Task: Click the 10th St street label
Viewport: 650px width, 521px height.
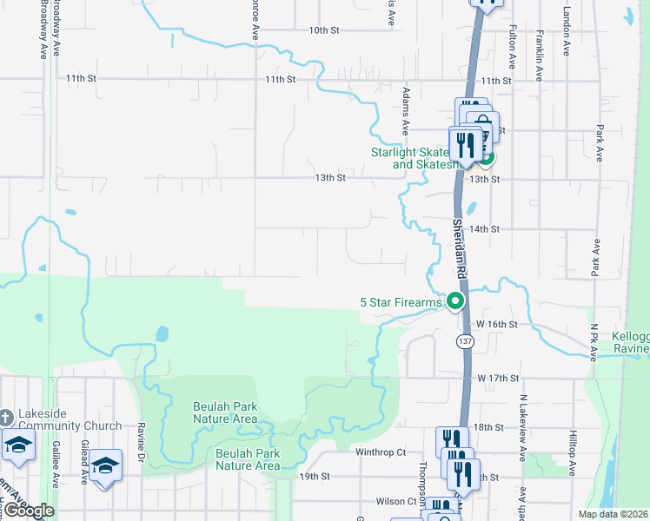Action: click(322, 30)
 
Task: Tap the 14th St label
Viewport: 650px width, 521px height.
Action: click(484, 229)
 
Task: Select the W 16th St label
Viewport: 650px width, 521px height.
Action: click(497, 323)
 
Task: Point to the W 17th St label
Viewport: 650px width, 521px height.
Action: click(498, 379)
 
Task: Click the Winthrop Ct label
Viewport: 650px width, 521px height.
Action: click(381, 452)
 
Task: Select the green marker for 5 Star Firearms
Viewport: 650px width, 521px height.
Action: click(454, 302)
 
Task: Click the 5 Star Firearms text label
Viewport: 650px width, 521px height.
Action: click(401, 302)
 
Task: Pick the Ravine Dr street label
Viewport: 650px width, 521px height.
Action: click(140, 441)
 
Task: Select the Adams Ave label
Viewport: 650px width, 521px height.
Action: click(405, 110)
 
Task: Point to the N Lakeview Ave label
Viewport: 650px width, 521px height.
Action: click(524, 426)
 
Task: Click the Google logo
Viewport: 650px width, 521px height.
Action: click(29, 511)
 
